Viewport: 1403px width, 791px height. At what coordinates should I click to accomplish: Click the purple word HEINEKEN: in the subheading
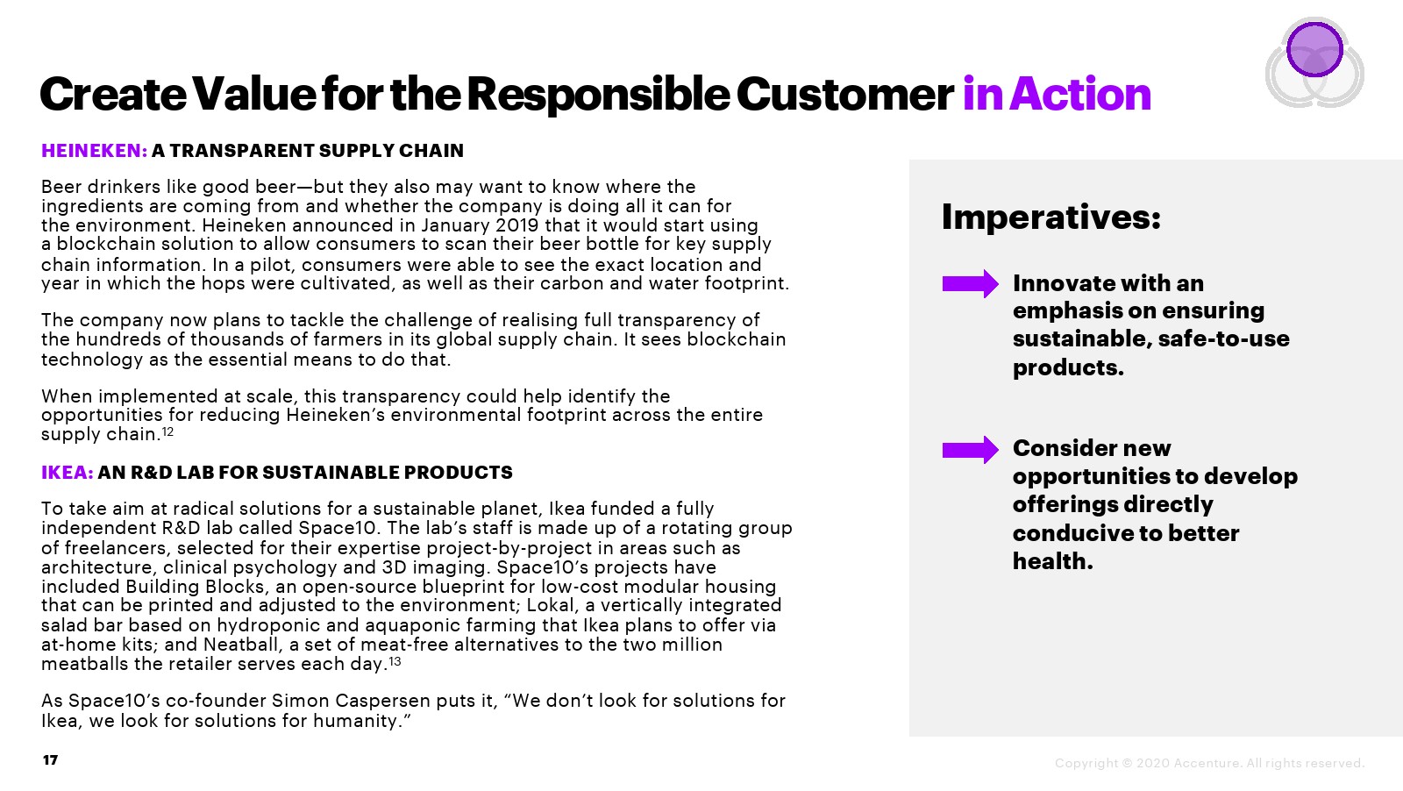(x=94, y=150)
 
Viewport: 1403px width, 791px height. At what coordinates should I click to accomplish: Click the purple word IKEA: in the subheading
(x=67, y=472)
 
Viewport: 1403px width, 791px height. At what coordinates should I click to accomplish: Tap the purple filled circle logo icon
(x=1314, y=49)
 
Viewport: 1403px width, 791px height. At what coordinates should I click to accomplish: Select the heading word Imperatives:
(x=1051, y=217)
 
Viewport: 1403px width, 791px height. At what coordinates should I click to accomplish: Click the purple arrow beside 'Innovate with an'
(x=970, y=284)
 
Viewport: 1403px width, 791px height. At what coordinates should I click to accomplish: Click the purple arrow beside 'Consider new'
(x=970, y=450)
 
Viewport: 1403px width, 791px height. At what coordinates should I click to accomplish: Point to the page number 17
(x=51, y=760)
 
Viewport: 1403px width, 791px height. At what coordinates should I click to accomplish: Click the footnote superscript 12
(x=167, y=431)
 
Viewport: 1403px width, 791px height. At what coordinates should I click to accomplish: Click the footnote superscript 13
(x=395, y=660)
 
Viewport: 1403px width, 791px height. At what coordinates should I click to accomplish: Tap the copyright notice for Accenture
(x=1209, y=763)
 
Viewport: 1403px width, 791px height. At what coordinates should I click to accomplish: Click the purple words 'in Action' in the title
(x=1057, y=94)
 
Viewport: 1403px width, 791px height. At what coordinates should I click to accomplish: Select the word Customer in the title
(x=845, y=94)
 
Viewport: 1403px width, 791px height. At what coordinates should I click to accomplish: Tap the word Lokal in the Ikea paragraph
(x=550, y=605)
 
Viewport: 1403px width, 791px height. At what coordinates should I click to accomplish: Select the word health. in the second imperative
(x=1053, y=561)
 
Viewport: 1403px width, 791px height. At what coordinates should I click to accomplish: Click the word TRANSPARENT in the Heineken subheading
(x=242, y=150)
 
